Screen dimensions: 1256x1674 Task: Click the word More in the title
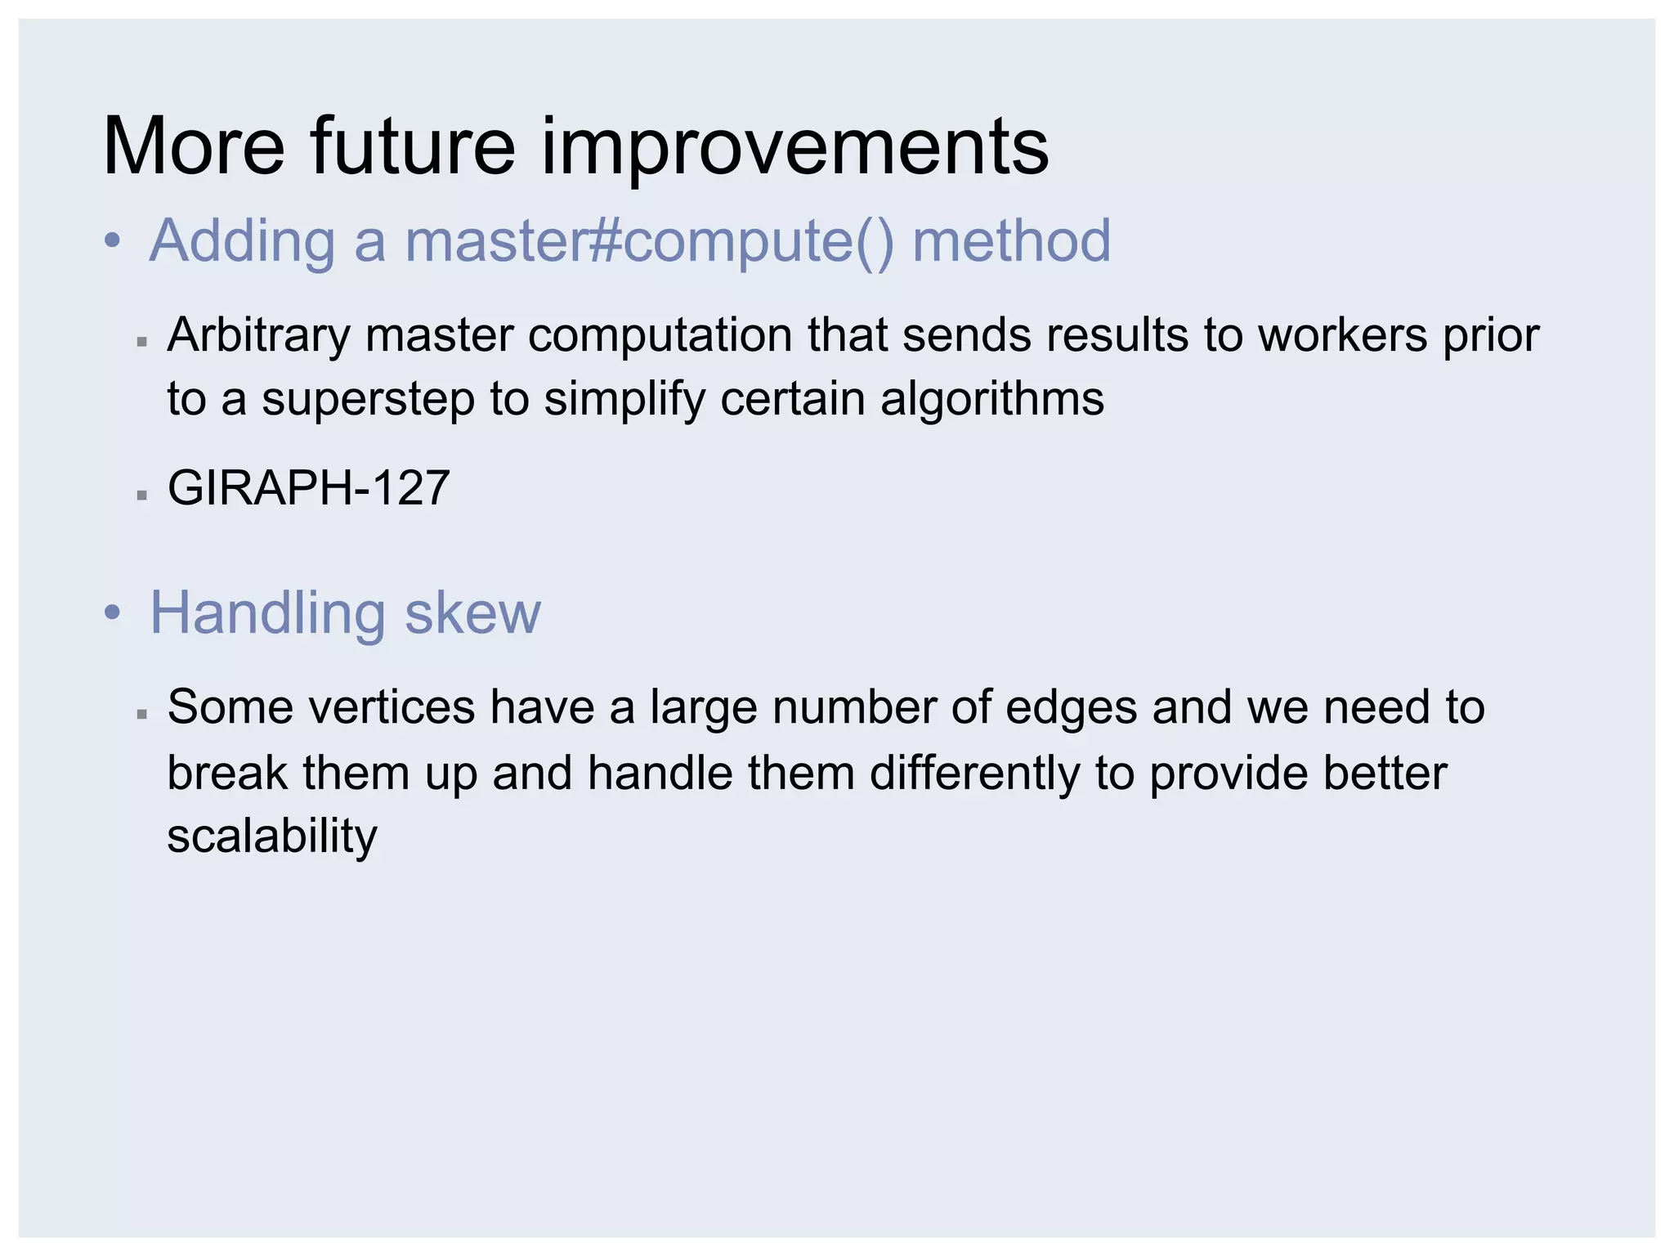point(194,147)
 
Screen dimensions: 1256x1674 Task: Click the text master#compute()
point(649,242)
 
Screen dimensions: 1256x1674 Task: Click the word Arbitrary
point(258,336)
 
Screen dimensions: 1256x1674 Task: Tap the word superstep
point(369,401)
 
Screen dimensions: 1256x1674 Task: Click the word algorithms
point(992,401)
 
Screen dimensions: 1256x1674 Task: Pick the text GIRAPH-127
point(308,488)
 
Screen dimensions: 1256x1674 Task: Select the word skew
point(472,613)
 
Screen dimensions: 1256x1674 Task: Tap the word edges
point(1071,707)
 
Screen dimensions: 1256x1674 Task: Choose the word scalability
point(272,837)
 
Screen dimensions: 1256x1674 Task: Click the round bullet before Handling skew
point(113,613)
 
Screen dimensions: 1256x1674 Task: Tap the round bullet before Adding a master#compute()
point(113,242)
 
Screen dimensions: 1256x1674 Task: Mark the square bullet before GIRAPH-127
point(142,495)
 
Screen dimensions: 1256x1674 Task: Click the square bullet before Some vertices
point(142,714)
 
